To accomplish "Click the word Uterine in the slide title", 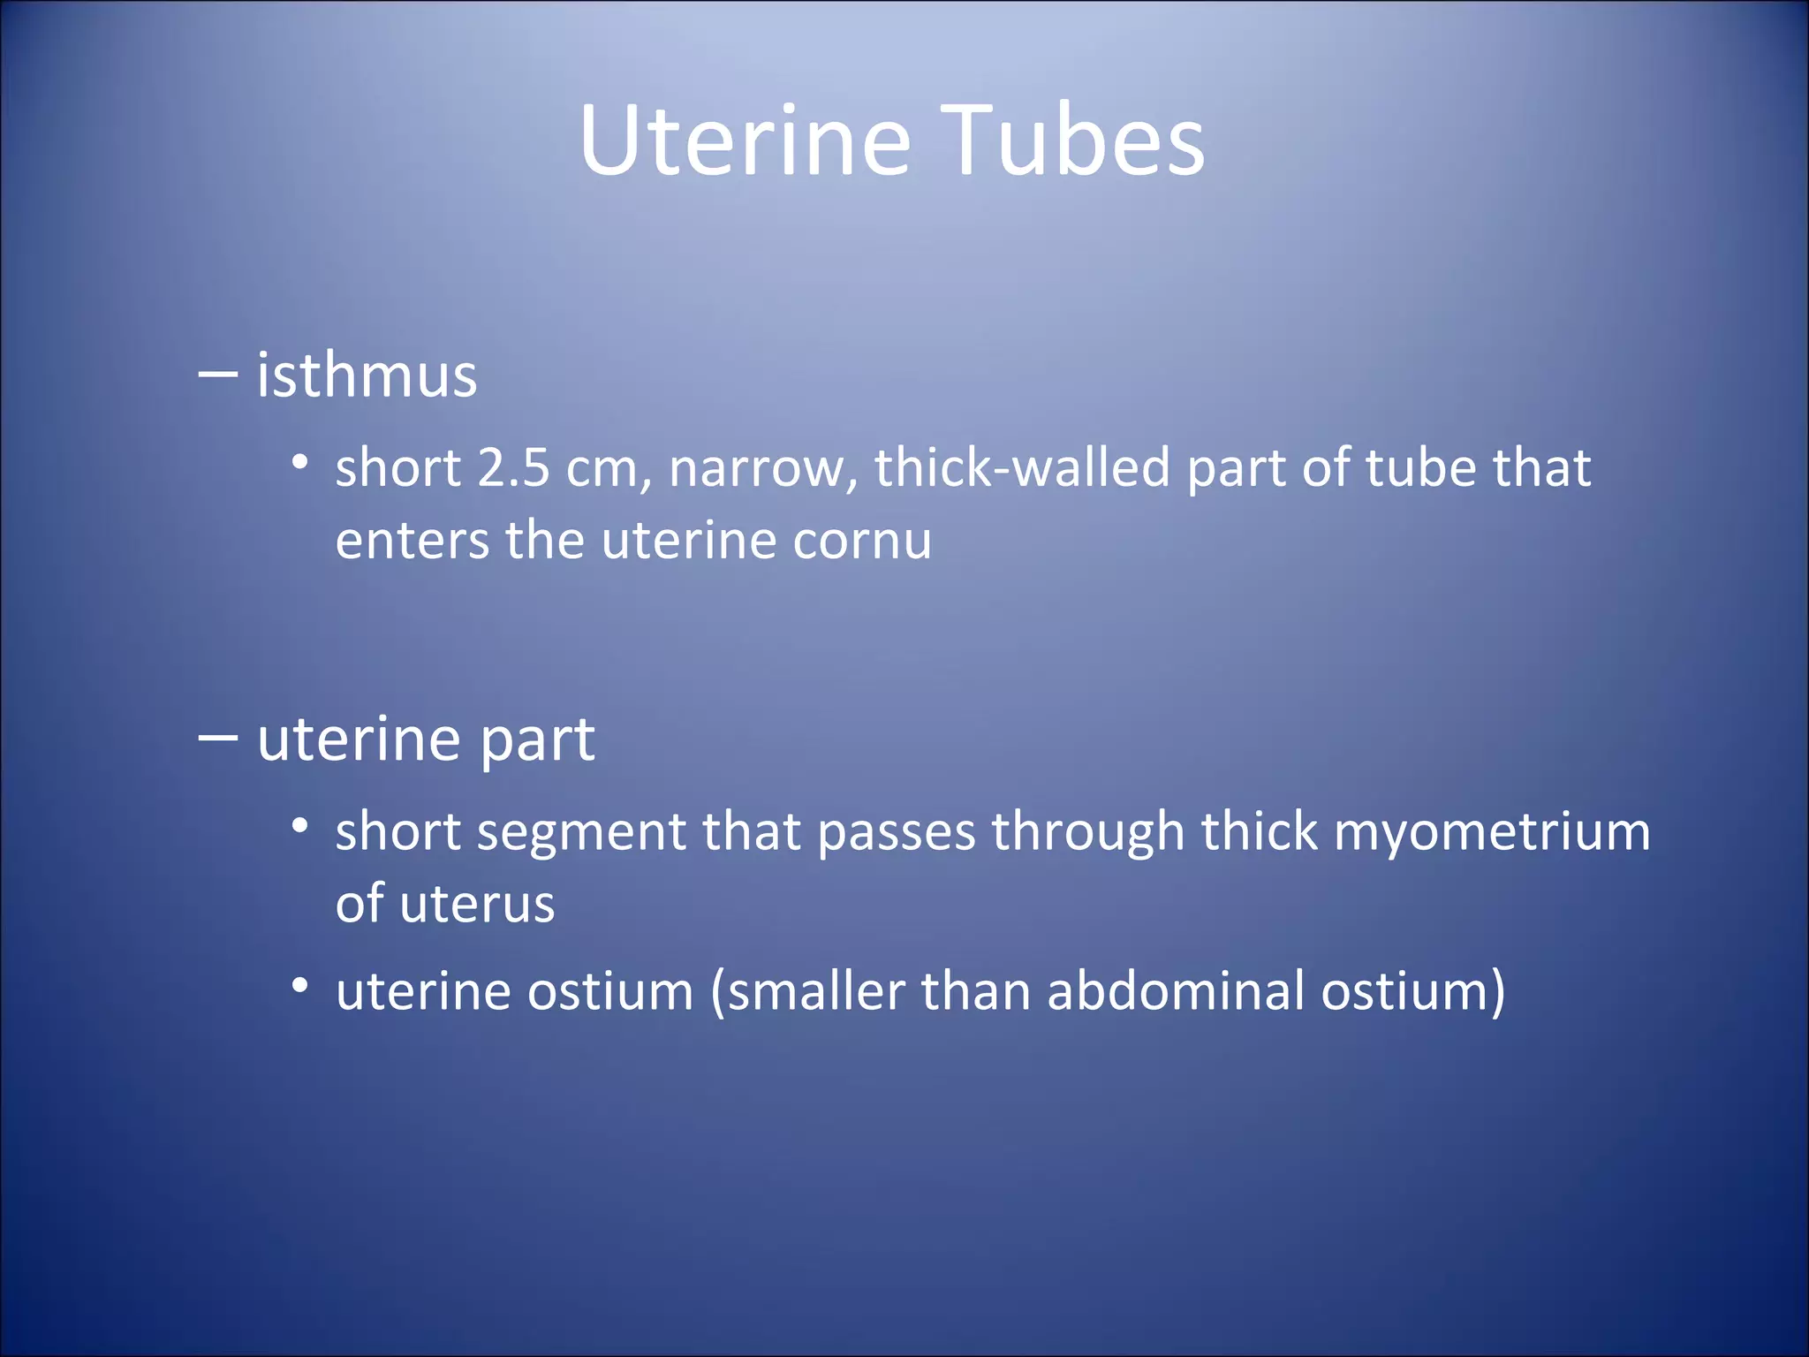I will click(x=745, y=141).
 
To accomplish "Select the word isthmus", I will click(x=367, y=375).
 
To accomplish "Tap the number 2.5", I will click(x=513, y=467).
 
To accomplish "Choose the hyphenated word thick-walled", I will click(x=1022, y=467).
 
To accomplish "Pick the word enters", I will click(x=412, y=540).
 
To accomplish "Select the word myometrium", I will click(x=1491, y=832).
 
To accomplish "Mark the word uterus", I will click(x=477, y=904).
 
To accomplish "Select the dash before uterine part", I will click(x=217, y=738).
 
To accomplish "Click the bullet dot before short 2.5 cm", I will click(x=300, y=462).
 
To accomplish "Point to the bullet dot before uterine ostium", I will click(x=300, y=985).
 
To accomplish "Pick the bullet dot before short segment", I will click(x=300, y=826).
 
